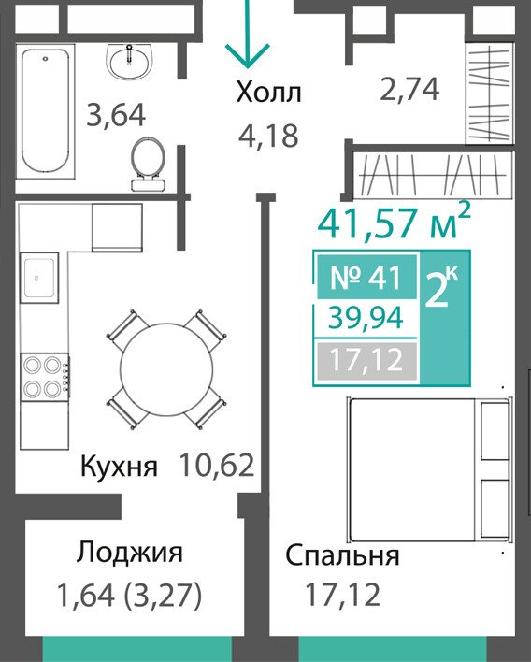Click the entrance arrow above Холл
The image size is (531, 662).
248,34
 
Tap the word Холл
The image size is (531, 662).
269,93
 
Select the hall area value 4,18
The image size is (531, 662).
268,136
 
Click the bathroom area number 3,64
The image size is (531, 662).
116,115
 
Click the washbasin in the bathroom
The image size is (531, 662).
129,62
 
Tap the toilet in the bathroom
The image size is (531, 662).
148,164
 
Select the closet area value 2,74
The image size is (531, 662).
409,90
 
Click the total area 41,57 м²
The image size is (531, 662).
394,222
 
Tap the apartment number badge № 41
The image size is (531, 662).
366,277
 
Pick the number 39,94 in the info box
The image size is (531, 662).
366,318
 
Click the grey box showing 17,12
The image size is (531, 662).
366,361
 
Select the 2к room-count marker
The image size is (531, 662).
442,287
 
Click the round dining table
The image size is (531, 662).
166,370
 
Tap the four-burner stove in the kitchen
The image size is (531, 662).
45,377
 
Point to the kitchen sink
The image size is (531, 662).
39,278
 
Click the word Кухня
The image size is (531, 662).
119,467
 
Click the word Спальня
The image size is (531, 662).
342,555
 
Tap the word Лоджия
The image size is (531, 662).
130,554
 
